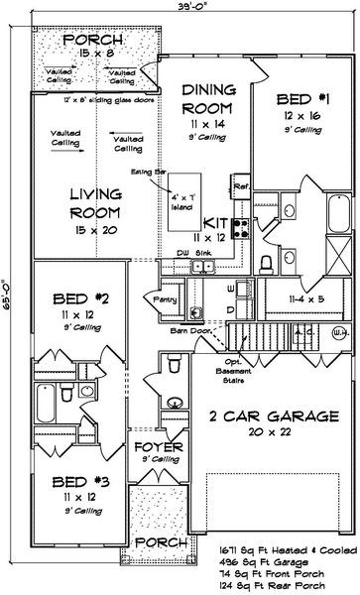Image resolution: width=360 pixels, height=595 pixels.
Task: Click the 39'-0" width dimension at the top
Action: click(180, 6)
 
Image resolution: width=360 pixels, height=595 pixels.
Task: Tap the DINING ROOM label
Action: click(207, 97)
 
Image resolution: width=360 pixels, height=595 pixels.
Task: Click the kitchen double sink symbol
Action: click(203, 266)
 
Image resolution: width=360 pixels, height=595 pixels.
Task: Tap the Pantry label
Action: click(159, 297)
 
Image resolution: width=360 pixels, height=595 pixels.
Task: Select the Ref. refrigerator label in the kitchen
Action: click(239, 185)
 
